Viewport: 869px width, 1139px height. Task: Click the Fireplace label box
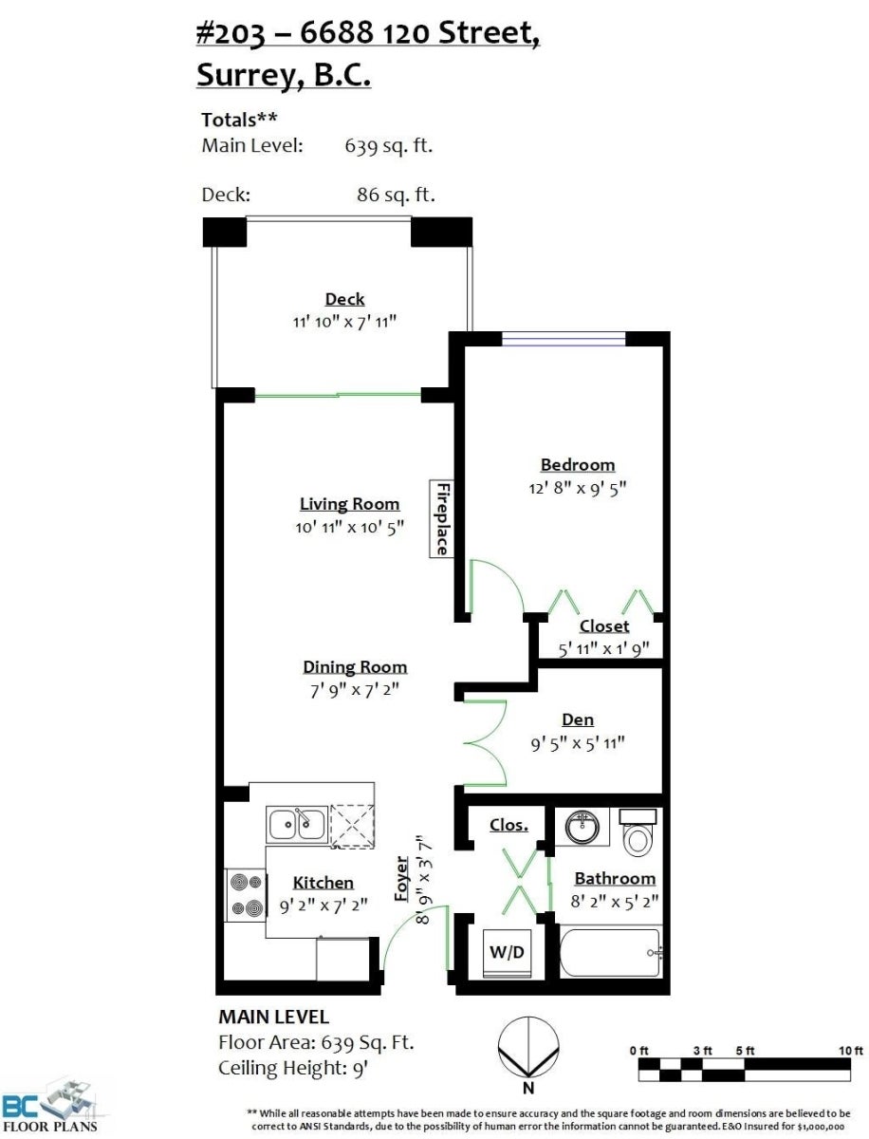pyautogui.click(x=441, y=518)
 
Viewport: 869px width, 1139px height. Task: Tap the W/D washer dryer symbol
pyautogui.click(x=508, y=952)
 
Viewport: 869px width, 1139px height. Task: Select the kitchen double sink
pyautogui.click(x=297, y=824)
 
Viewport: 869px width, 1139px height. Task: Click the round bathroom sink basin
pyautogui.click(x=582, y=826)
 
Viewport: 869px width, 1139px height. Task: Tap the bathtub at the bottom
pyautogui.click(x=610, y=953)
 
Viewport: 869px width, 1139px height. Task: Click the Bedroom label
pyautogui.click(x=578, y=465)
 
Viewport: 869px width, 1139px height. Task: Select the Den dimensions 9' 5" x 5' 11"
pyautogui.click(x=578, y=743)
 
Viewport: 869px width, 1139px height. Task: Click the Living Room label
pyautogui.click(x=349, y=504)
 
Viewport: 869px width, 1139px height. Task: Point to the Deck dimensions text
pyautogui.click(x=344, y=322)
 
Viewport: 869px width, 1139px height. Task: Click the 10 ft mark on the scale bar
pyautogui.click(x=851, y=1051)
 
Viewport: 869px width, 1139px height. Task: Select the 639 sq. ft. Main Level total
pyautogui.click(x=388, y=146)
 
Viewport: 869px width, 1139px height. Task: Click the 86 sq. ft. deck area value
pyautogui.click(x=396, y=196)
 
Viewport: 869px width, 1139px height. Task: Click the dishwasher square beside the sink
pyautogui.click(x=353, y=825)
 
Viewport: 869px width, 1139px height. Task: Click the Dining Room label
pyautogui.click(x=355, y=667)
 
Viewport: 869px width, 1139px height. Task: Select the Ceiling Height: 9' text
pyautogui.click(x=293, y=1069)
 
